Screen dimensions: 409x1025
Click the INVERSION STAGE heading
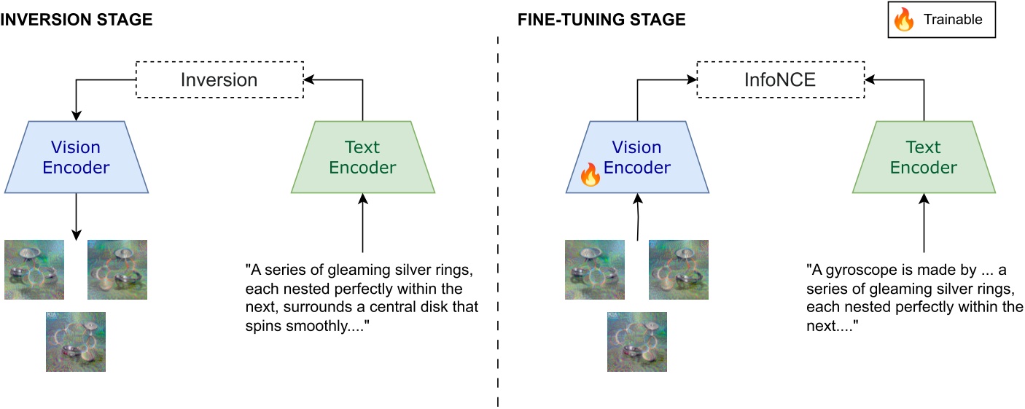pyautogui.click(x=77, y=20)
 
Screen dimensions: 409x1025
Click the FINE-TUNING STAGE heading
pyautogui.click(x=601, y=20)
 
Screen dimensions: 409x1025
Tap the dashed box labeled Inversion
pyautogui.click(x=219, y=79)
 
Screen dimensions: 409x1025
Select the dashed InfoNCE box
pyautogui.click(x=779, y=79)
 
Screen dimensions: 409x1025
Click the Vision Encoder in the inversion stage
pyautogui.click(x=76, y=157)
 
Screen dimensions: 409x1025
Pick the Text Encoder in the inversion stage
pyautogui.click(x=362, y=157)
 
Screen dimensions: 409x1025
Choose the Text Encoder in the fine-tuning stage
pyautogui.click(x=924, y=157)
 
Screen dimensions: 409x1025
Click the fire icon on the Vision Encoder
pyautogui.click(x=590, y=176)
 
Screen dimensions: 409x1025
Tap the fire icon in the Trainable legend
pyautogui.click(x=904, y=20)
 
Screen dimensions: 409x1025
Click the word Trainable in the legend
pyautogui.click(x=953, y=20)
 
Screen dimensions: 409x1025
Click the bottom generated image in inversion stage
pyautogui.click(x=76, y=342)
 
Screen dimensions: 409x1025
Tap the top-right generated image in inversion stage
pyautogui.click(x=117, y=270)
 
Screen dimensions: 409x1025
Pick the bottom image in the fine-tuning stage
pyautogui.click(x=637, y=342)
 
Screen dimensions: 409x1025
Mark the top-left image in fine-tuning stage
pyautogui.click(x=595, y=270)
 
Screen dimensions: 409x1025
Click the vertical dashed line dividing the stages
pyautogui.click(x=498, y=219)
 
